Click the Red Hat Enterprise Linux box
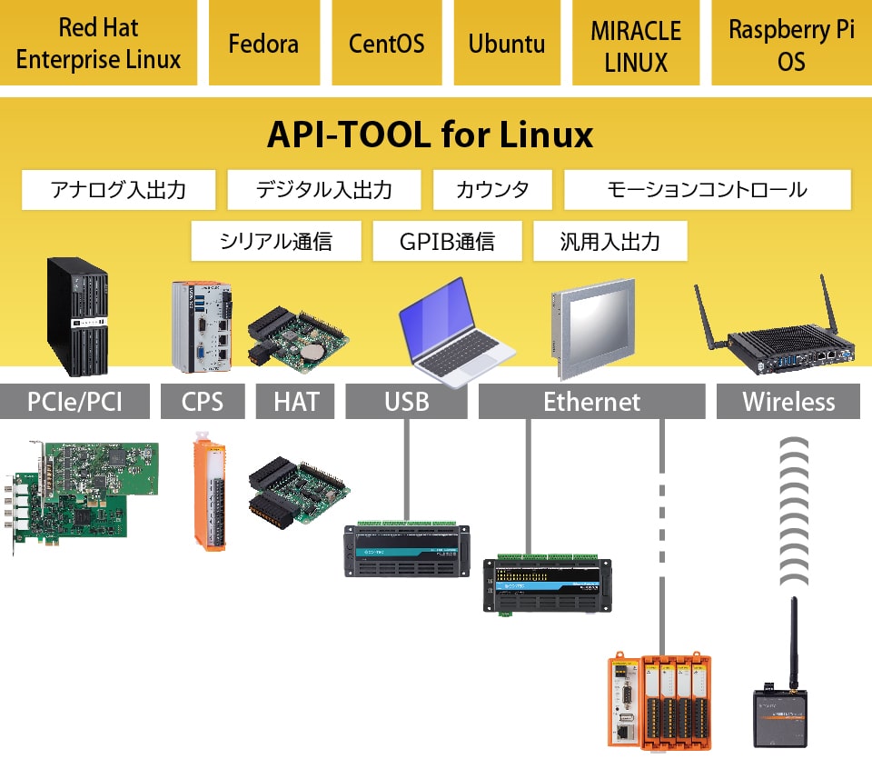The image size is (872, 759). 98,43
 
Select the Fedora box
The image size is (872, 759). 264,43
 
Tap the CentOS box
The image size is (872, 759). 387,43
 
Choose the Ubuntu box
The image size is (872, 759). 507,43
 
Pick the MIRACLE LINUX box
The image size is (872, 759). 636,43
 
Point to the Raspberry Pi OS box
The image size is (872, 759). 791,43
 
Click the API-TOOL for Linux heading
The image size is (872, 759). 430,135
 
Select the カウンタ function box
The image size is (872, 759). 492,190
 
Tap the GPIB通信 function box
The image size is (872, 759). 447,241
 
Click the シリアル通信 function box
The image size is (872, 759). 276,241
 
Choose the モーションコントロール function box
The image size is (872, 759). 708,190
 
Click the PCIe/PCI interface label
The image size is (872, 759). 74,401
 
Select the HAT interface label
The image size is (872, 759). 295,401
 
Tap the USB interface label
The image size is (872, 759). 407,401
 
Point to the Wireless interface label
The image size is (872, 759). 788,401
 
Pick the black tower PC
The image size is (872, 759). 77,316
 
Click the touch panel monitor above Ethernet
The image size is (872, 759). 593,329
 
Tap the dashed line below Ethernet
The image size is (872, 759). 662,535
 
